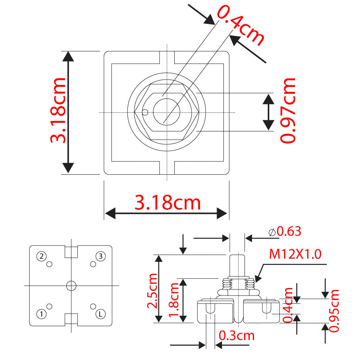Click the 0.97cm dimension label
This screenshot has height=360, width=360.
[x=288, y=111]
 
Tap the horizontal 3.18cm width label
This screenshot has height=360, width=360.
[x=167, y=203]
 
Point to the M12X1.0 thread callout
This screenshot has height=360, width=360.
[x=295, y=255]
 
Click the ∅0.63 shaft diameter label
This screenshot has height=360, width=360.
[x=285, y=231]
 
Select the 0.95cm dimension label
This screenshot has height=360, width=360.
[x=334, y=310]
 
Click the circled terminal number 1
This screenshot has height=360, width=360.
[x=42, y=314]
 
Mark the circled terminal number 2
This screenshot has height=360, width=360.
[x=42, y=256]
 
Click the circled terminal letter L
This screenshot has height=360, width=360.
[x=100, y=314]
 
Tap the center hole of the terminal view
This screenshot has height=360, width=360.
[x=71, y=285]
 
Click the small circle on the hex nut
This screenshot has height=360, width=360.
[x=145, y=112]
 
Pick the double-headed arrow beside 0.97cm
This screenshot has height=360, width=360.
[x=268, y=112]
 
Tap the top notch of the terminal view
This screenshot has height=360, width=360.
[x=71, y=252]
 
